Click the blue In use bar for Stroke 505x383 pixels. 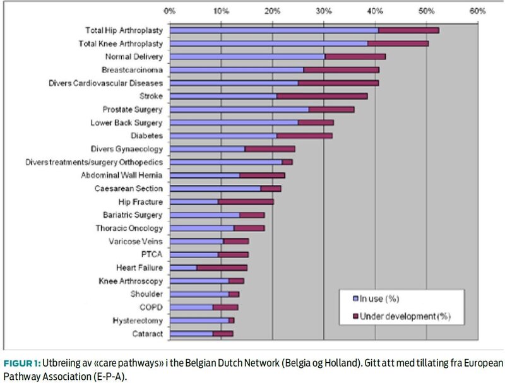[x=223, y=96]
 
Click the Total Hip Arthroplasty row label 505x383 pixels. [x=124, y=30]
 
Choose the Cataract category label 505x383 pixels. [x=148, y=334]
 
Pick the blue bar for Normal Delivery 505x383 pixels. [x=247, y=56]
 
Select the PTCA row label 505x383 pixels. [x=153, y=254]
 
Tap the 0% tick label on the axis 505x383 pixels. [x=169, y=11]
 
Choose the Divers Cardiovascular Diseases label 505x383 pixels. [x=106, y=83]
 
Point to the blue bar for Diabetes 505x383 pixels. [x=223, y=136]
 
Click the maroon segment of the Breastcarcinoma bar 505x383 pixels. [x=341, y=69]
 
